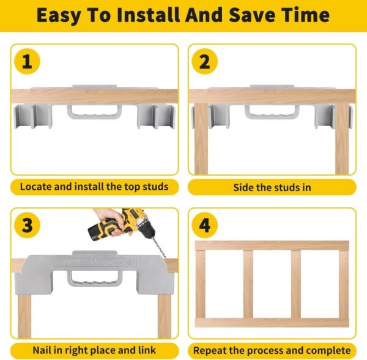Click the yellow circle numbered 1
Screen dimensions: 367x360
tap(27, 61)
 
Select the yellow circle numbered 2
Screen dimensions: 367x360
tap(204, 61)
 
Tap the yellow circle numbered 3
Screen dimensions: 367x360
tap(27, 225)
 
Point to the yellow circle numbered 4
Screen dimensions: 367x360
tap(204, 225)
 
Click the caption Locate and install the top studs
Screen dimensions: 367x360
tap(94, 187)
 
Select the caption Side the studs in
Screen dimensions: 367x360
tap(272, 187)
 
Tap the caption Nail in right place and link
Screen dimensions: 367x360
tap(94, 350)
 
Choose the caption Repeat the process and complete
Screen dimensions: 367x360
tap(272, 351)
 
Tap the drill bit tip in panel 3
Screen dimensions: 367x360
tap(165, 257)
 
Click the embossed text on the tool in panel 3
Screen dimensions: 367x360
tap(95, 262)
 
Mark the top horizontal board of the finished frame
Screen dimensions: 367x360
tap(272, 246)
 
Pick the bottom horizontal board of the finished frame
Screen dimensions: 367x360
tap(272, 323)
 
